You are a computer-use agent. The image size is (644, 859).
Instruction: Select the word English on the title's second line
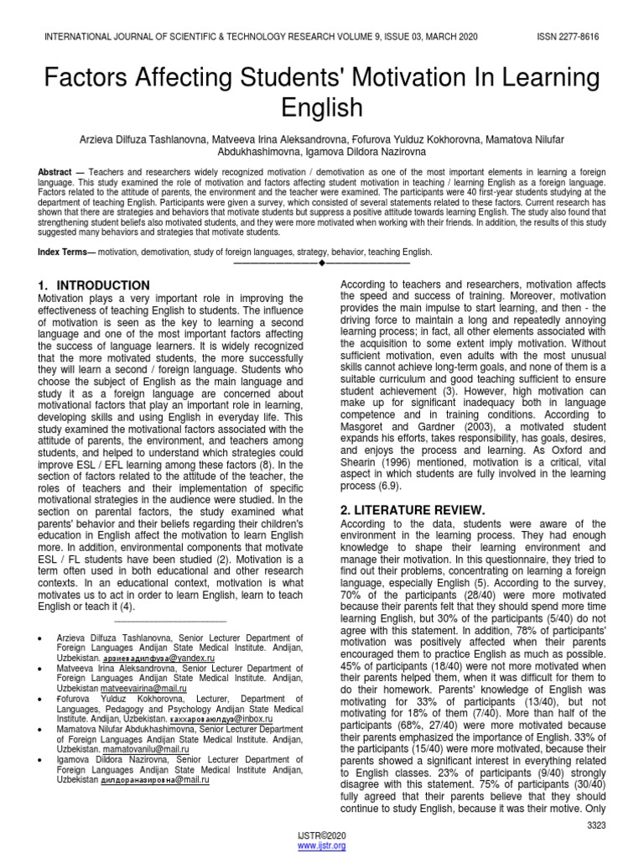pos(322,107)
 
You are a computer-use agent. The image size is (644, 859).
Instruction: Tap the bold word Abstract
pos(55,171)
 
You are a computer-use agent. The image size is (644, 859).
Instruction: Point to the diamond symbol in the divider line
pos(321,263)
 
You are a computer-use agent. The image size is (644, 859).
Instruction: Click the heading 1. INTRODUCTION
pos(95,285)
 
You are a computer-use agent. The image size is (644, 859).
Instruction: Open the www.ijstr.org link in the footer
pos(321,847)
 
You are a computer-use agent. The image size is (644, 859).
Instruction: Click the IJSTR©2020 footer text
pos(321,837)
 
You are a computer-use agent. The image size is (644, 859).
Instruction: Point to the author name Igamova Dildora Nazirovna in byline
pos(355,153)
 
